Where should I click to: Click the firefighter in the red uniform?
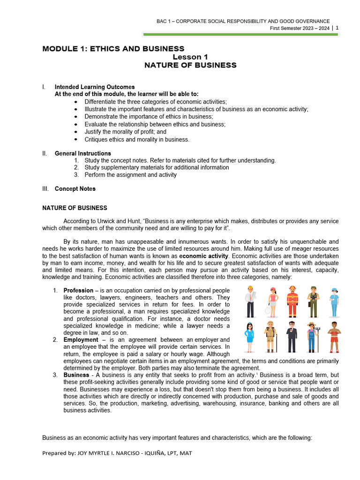(292, 305)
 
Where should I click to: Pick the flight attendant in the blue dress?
(249, 337)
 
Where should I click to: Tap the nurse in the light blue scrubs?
(334, 304)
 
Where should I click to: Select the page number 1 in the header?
(337, 28)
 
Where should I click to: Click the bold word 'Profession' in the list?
(78, 291)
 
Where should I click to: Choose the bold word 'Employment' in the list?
(81, 339)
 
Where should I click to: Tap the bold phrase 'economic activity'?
(205, 256)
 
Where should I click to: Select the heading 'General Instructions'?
(82, 153)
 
